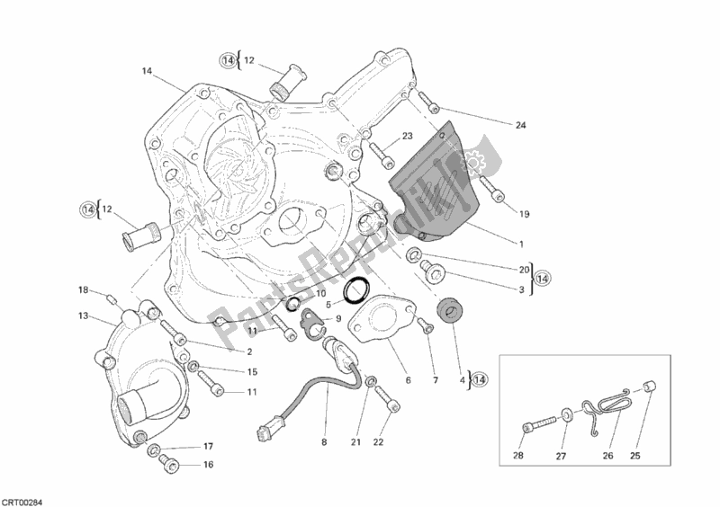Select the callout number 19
[525, 214]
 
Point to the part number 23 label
[407, 137]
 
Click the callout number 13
[83, 316]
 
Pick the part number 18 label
[83, 290]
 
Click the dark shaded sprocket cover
[432, 184]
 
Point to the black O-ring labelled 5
[357, 289]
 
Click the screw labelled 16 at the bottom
[167, 463]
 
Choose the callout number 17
[208, 446]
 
